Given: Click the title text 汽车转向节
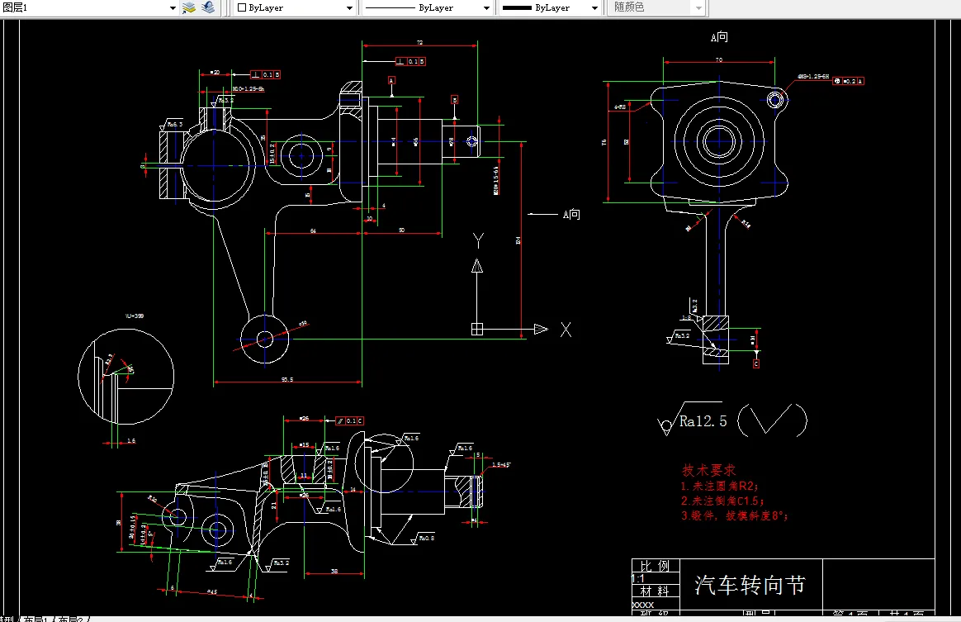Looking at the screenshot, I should point(749,586).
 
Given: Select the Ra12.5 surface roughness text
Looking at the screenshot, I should point(703,421).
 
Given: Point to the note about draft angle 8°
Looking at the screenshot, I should point(734,515).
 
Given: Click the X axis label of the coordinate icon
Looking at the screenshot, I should point(566,330).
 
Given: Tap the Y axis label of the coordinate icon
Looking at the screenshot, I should point(477,240).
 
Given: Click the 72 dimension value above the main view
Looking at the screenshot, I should point(419,41).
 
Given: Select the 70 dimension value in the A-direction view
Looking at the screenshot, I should point(718,60).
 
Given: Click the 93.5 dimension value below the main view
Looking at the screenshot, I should point(287,380).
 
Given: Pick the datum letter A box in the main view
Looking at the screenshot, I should point(391,80).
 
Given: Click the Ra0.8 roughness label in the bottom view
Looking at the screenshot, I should point(425,538).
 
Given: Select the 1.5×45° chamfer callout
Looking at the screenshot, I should point(501,465).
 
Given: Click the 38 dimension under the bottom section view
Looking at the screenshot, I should point(334,571).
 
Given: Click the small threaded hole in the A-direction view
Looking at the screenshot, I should point(775,100).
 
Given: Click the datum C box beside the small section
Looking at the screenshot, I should point(756,363).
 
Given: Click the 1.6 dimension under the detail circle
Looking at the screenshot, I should point(130,441).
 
